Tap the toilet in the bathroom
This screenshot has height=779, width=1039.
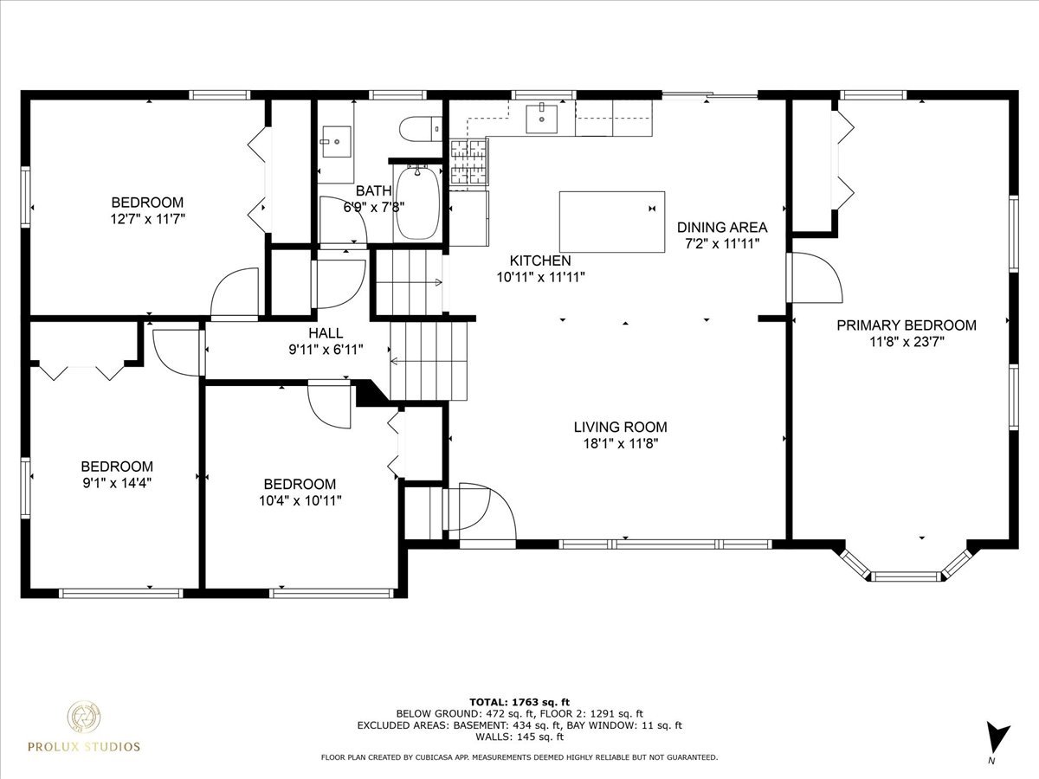click(421, 130)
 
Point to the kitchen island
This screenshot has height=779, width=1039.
click(612, 221)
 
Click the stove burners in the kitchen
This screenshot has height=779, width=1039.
click(468, 163)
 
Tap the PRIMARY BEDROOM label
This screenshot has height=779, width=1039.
click(906, 325)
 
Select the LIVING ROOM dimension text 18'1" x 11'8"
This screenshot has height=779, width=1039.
click(620, 444)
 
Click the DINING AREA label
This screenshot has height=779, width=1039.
click(721, 228)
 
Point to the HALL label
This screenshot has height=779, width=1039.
click(325, 333)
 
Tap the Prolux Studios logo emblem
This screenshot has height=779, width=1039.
click(87, 718)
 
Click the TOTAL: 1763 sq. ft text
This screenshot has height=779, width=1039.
click(519, 701)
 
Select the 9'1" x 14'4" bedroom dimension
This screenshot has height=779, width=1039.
click(117, 482)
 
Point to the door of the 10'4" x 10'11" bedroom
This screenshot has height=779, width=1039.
click(331, 405)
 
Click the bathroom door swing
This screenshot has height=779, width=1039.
click(344, 221)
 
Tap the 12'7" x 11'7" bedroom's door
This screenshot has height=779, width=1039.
click(236, 292)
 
